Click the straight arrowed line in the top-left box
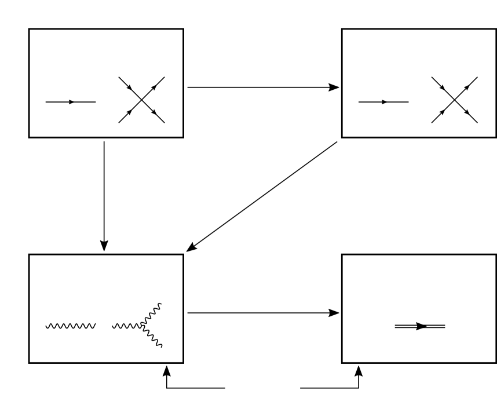(58, 102)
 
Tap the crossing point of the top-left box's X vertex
(141, 100)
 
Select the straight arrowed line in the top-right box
(371, 102)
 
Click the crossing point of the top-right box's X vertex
(455, 100)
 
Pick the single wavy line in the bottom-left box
(70, 326)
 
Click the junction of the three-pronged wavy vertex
(141, 326)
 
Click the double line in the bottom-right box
(405, 326)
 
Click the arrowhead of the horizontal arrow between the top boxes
(334, 87)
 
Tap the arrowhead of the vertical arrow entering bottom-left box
(104, 246)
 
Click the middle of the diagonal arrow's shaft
(262, 196)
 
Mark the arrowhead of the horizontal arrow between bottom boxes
(334, 313)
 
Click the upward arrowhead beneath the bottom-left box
(167, 370)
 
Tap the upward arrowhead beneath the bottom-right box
(359, 370)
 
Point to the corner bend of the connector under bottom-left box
(167, 388)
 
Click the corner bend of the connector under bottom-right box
(359, 388)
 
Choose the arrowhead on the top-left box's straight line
(71, 102)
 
